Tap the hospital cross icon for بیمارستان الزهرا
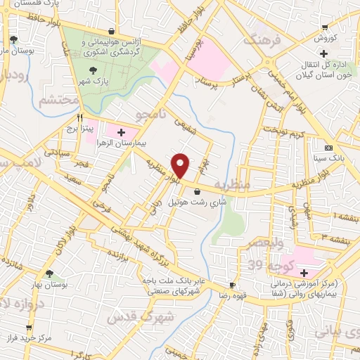121,131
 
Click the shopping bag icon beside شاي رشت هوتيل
196,191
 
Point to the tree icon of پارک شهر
94,70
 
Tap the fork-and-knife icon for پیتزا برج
82,117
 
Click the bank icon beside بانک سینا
328,148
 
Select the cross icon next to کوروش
323,53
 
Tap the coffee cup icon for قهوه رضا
231,285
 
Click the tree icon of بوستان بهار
49,274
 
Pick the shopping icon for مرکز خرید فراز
29,328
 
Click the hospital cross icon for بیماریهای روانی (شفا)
304,273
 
